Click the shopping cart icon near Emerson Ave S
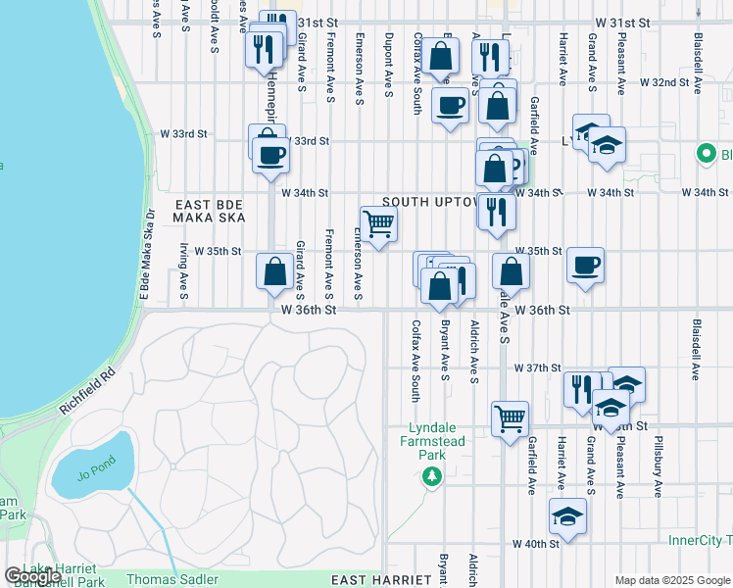pyautogui.click(x=378, y=223)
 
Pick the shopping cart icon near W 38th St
pyautogui.click(x=511, y=419)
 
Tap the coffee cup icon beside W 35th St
pyautogui.click(x=585, y=265)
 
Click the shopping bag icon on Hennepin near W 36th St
pyautogui.click(x=275, y=270)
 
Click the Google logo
pyautogui.click(x=31, y=576)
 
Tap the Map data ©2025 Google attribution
pyautogui.click(x=672, y=580)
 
